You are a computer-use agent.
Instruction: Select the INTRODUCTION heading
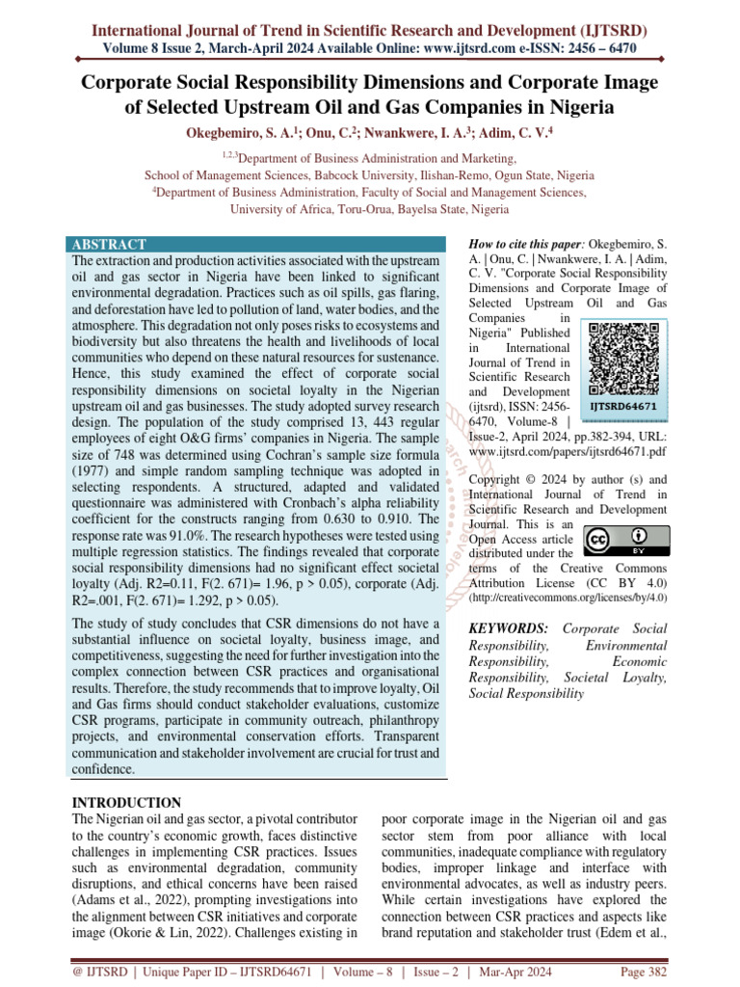click(127, 802)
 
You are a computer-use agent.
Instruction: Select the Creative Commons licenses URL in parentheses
click(568, 598)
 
